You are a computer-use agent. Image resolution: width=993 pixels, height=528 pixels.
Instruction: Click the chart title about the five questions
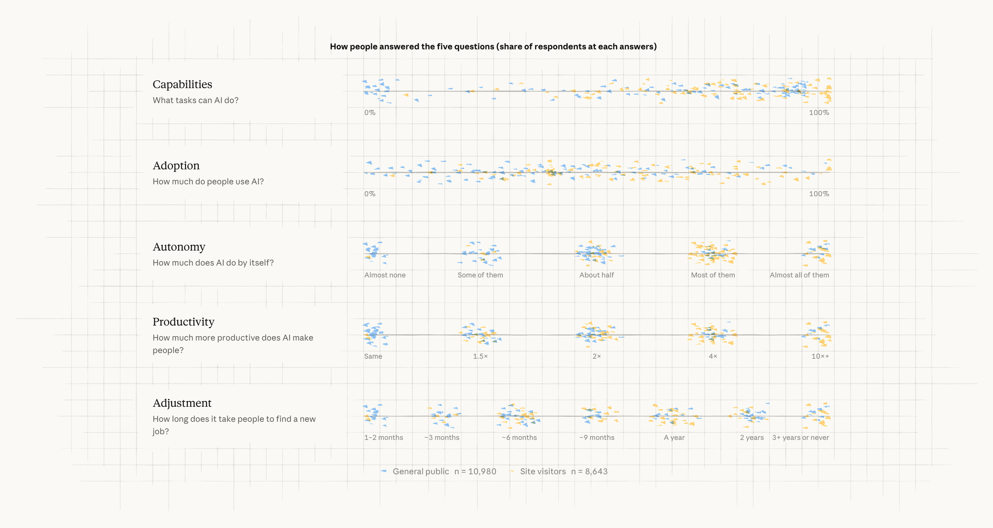click(x=493, y=47)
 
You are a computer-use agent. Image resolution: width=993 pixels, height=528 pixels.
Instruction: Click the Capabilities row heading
click(x=182, y=84)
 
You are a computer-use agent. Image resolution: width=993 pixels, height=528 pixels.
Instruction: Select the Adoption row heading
click(x=176, y=166)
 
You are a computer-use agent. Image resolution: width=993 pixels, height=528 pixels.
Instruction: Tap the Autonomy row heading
click(x=179, y=247)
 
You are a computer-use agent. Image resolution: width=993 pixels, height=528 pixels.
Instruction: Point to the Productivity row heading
click(x=184, y=322)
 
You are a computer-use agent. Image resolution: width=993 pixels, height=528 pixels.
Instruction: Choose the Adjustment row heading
click(x=182, y=403)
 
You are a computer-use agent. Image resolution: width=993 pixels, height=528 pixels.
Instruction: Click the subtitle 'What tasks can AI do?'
click(x=195, y=100)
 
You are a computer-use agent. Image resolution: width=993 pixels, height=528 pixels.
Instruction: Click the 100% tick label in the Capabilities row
click(x=819, y=112)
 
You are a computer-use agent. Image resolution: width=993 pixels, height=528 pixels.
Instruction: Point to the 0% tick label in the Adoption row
click(x=370, y=194)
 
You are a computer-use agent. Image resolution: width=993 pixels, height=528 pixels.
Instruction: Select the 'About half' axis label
click(x=596, y=275)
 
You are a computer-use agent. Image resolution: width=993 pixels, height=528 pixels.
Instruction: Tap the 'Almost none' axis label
click(x=385, y=275)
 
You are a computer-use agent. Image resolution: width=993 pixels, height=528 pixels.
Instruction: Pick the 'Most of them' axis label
click(x=713, y=275)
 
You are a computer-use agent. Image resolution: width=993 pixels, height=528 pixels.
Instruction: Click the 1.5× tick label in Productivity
click(x=480, y=356)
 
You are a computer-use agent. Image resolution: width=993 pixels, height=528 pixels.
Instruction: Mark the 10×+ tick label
click(x=820, y=356)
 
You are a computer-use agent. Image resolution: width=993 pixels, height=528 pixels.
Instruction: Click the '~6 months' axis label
click(x=519, y=438)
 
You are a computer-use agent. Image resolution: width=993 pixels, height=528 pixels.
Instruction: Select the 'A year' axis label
click(x=674, y=438)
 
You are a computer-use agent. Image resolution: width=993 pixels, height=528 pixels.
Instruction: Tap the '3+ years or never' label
click(x=800, y=438)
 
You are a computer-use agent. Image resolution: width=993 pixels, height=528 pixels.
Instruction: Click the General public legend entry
click(x=439, y=471)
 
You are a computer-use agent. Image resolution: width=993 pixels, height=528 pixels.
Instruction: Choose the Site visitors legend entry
click(x=558, y=471)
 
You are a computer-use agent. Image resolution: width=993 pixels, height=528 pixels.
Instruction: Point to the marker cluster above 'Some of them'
click(x=479, y=253)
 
